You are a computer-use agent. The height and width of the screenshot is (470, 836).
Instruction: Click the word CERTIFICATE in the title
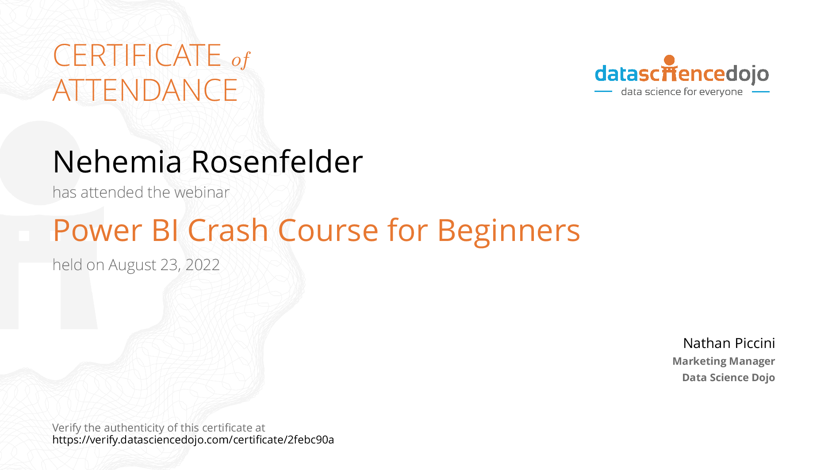[137, 55]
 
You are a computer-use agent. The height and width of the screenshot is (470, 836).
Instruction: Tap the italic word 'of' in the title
[241, 60]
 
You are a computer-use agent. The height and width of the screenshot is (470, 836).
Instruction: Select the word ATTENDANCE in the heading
[145, 90]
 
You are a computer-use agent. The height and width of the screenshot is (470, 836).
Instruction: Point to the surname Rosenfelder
[277, 161]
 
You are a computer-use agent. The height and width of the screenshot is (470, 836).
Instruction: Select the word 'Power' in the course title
[98, 230]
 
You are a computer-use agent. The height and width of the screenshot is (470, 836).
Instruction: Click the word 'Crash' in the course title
[228, 230]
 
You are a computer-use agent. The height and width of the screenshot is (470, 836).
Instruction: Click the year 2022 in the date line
[203, 265]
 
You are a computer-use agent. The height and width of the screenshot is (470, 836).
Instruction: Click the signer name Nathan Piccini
[729, 343]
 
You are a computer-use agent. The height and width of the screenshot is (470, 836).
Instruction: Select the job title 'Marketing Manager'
[724, 361]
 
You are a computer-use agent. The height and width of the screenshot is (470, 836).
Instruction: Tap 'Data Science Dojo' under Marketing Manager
[729, 378]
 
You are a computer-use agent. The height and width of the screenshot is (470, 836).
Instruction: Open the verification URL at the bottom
[193, 440]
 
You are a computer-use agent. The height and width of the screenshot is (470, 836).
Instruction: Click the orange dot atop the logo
[670, 60]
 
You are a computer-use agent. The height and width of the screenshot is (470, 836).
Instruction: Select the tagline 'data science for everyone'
[682, 92]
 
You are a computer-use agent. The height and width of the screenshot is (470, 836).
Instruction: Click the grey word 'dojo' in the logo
[747, 74]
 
